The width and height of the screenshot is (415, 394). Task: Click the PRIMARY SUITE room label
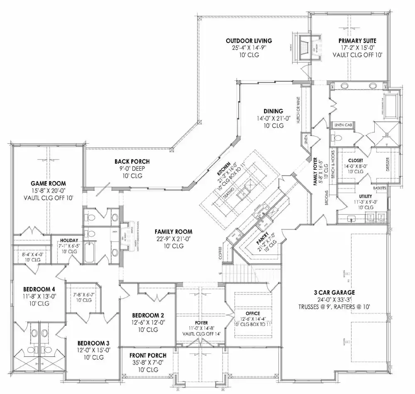point(357,41)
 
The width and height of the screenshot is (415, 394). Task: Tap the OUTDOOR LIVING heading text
point(249,41)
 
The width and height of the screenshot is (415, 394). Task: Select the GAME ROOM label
point(48,183)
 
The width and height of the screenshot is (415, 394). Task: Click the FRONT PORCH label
point(148,355)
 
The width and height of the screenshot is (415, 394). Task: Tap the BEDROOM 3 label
point(93,343)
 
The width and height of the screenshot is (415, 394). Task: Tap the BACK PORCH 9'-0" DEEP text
point(132,169)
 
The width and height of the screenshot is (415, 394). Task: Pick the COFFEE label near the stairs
point(220,253)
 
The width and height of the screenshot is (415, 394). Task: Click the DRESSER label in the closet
point(388,165)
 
